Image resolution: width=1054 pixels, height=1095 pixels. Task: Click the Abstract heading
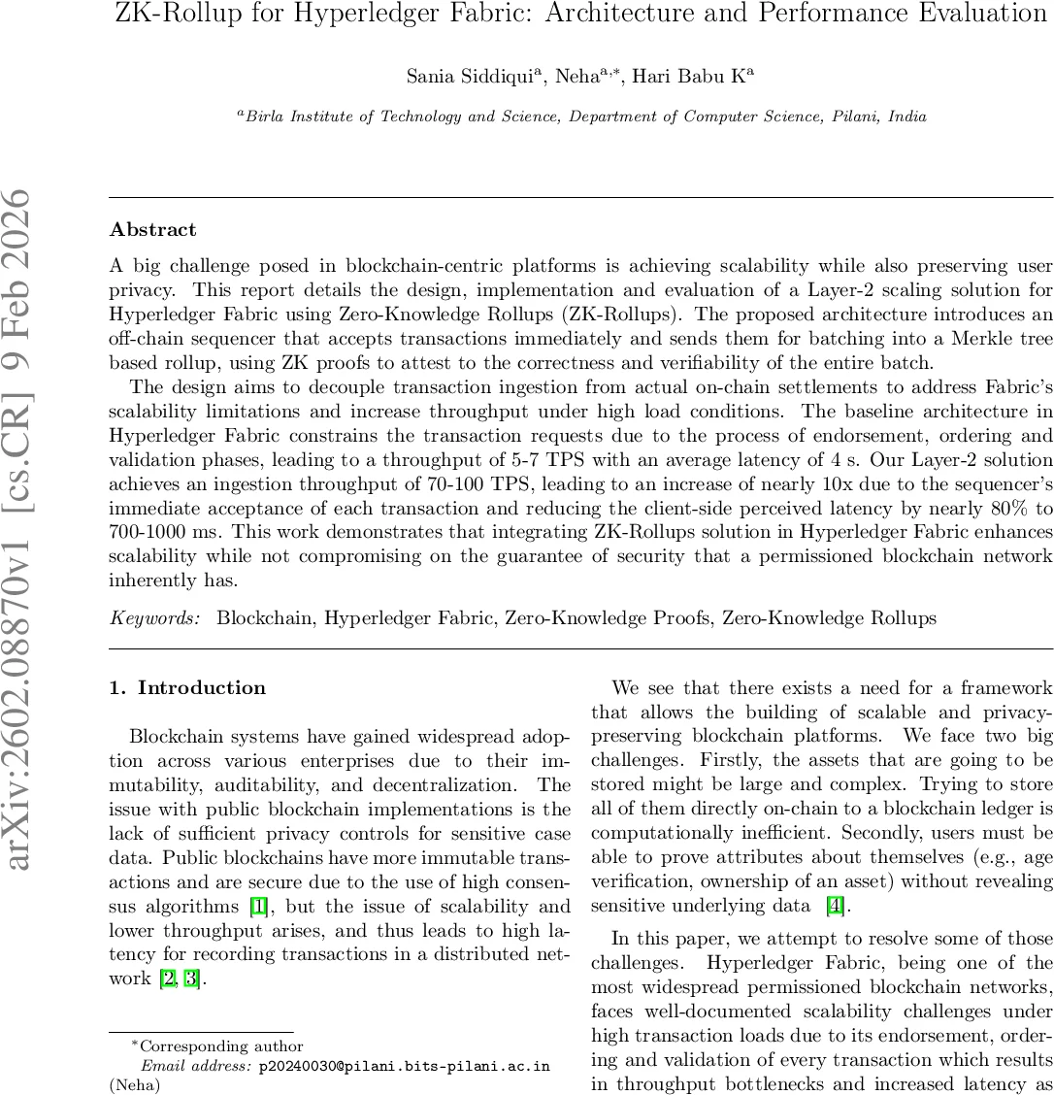coord(152,230)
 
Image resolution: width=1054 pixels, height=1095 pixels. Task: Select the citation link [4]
coord(834,908)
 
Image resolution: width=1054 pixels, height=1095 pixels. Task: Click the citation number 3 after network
coord(193,978)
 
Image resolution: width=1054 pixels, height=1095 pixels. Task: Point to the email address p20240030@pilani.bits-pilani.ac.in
coord(404,1066)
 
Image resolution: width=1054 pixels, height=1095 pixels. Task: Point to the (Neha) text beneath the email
coord(134,1084)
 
